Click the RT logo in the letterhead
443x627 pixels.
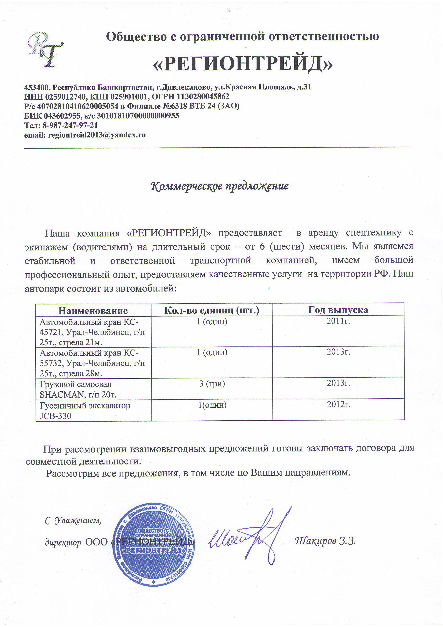pos(46,50)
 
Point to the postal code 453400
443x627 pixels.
pos(37,87)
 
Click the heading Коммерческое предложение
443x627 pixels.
pos(219,186)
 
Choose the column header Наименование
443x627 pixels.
pos(93,311)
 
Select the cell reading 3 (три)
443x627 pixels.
pos(212,384)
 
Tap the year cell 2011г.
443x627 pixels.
pos(338,321)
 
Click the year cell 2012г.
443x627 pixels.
pos(339,404)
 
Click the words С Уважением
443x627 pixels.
pos(73,521)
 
